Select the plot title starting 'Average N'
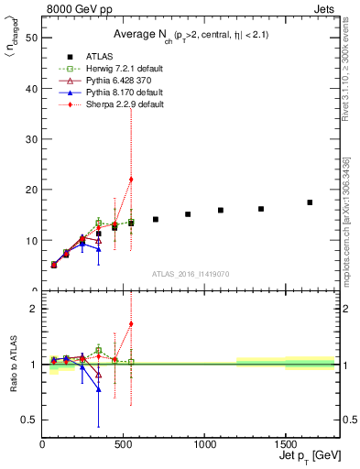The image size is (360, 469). click(190, 34)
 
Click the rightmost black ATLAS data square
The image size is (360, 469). click(310, 202)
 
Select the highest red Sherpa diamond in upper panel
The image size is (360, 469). click(131, 180)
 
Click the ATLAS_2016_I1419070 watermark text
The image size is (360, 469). click(191, 274)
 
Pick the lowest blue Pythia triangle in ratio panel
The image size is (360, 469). click(99, 389)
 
